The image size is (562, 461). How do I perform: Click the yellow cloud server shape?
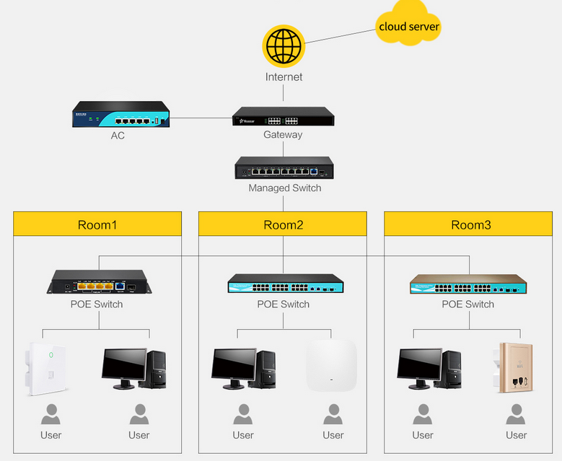coord(408,27)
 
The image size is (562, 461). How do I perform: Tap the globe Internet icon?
coord(284,46)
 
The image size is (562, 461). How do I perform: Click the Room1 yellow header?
coord(97,224)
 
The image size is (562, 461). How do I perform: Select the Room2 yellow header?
coord(283,224)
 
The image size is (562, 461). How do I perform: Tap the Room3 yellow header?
coord(470,224)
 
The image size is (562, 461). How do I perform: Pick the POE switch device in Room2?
coord(285,284)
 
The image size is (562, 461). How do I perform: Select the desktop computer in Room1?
coord(134,368)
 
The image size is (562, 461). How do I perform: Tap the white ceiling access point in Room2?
coord(331,365)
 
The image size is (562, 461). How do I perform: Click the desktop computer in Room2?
coord(243,369)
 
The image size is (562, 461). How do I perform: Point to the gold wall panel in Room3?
coord(515,368)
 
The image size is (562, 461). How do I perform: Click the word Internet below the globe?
coord(284,76)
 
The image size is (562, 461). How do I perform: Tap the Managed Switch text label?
coord(285,188)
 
